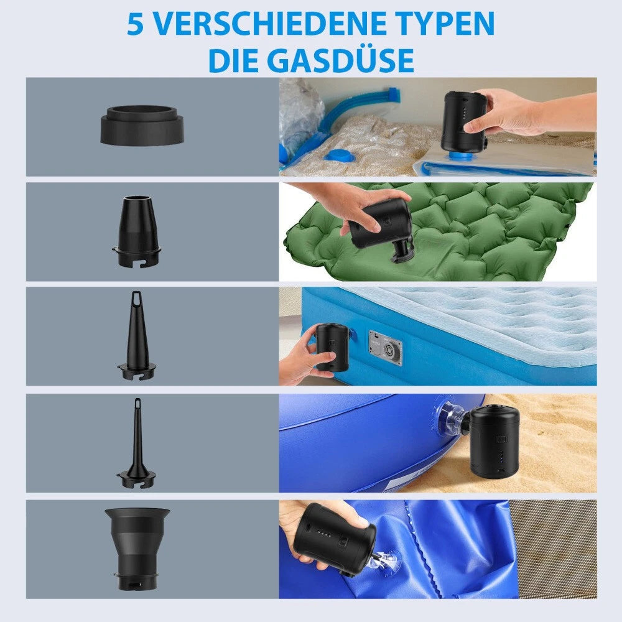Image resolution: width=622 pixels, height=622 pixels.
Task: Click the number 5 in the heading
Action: click(x=135, y=24)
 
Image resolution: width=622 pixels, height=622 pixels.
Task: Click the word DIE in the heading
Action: click(x=233, y=60)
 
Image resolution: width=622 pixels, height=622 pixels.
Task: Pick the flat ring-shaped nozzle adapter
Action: click(x=142, y=124)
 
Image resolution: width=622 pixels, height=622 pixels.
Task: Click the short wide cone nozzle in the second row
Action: click(x=137, y=231)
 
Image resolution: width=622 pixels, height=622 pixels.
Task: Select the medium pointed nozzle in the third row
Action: click(x=137, y=335)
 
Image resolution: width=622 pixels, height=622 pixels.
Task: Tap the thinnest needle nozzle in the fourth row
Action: click(x=137, y=443)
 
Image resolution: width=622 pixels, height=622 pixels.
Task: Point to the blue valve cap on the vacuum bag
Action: click(x=340, y=155)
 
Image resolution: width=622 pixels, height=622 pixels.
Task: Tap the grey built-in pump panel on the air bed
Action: click(x=385, y=348)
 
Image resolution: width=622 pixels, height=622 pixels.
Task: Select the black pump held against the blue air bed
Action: click(x=332, y=346)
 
